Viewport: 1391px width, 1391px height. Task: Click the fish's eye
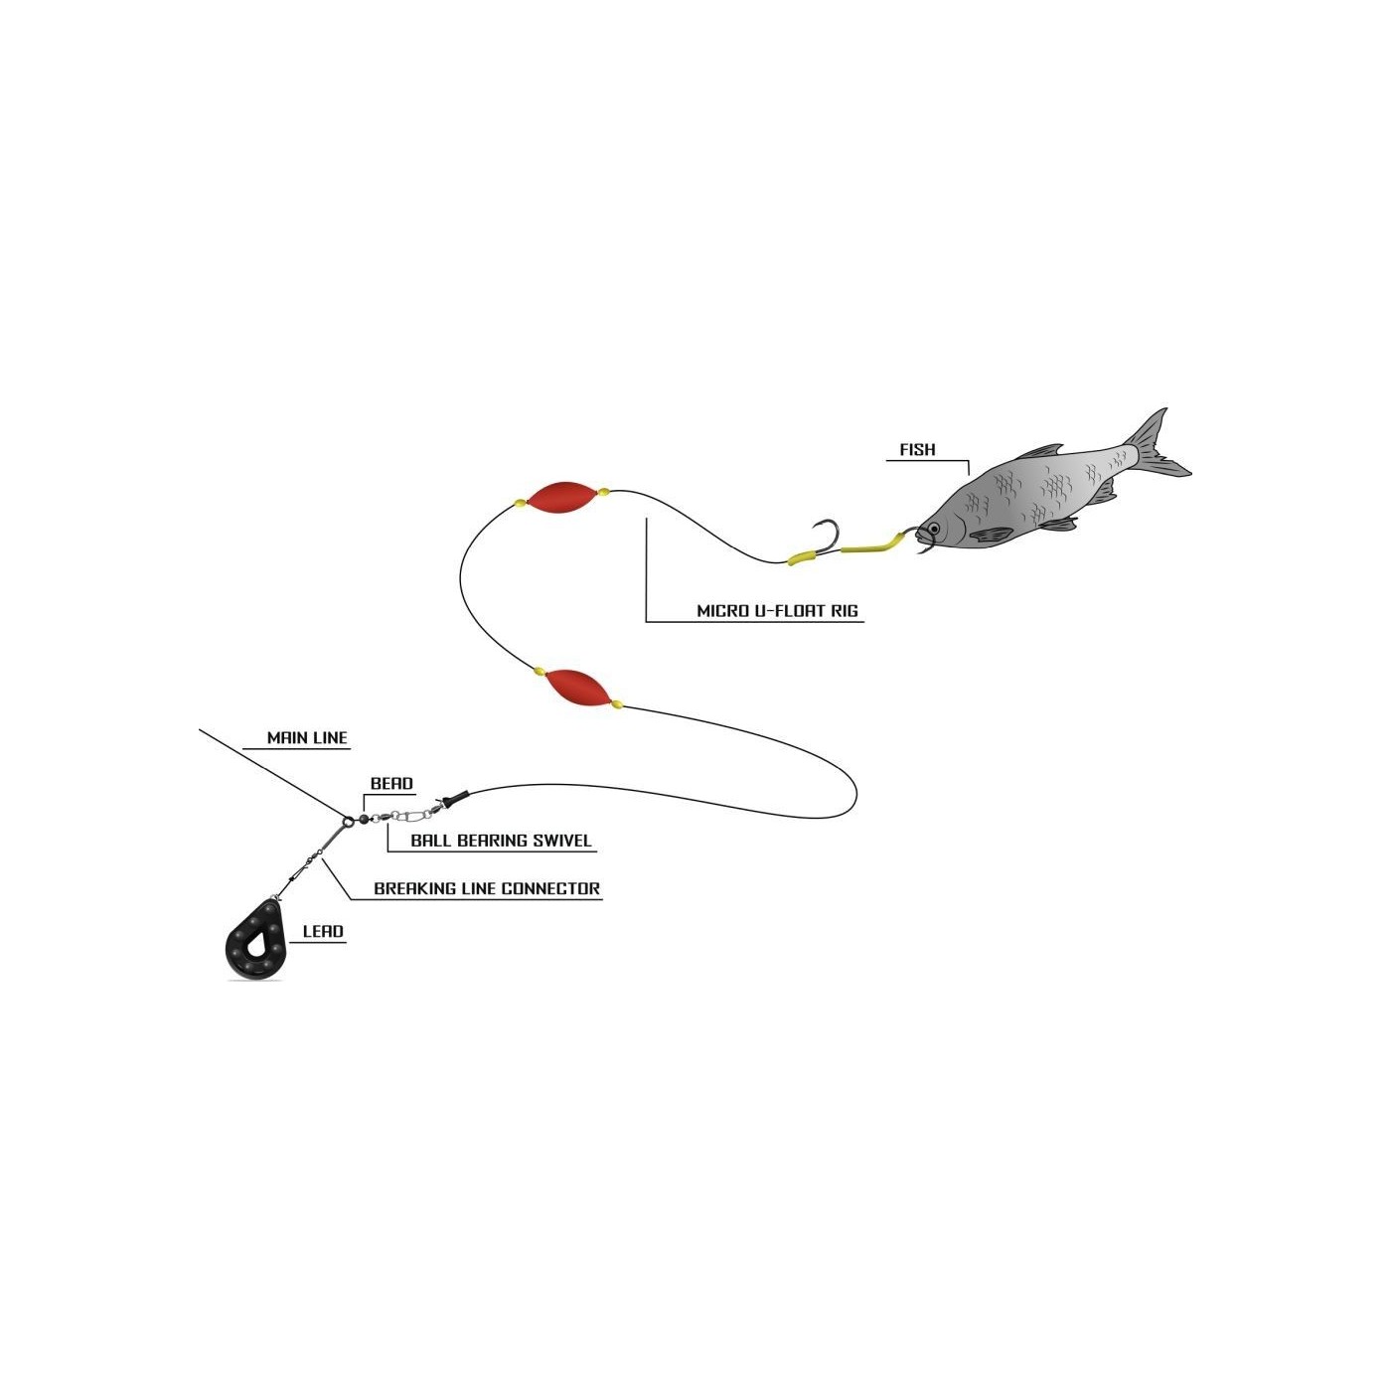pos(934,530)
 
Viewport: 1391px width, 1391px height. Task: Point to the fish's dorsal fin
pos(1039,452)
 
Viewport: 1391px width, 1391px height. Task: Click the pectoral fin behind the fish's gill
pos(992,535)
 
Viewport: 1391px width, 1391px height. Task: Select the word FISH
pos(917,449)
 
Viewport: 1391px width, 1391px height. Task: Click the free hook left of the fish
pos(828,537)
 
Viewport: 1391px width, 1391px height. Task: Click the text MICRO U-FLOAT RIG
pos(777,610)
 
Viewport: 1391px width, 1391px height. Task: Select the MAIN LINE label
pos(307,738)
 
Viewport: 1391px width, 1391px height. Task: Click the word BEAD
pos(391,783)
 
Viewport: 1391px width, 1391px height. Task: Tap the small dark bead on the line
pos(364,819)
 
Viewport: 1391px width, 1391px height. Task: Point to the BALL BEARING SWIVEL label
pos(501,841)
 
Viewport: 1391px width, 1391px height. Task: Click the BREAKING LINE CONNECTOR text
pos(487,888)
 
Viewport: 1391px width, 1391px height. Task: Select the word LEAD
pos(323,931)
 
